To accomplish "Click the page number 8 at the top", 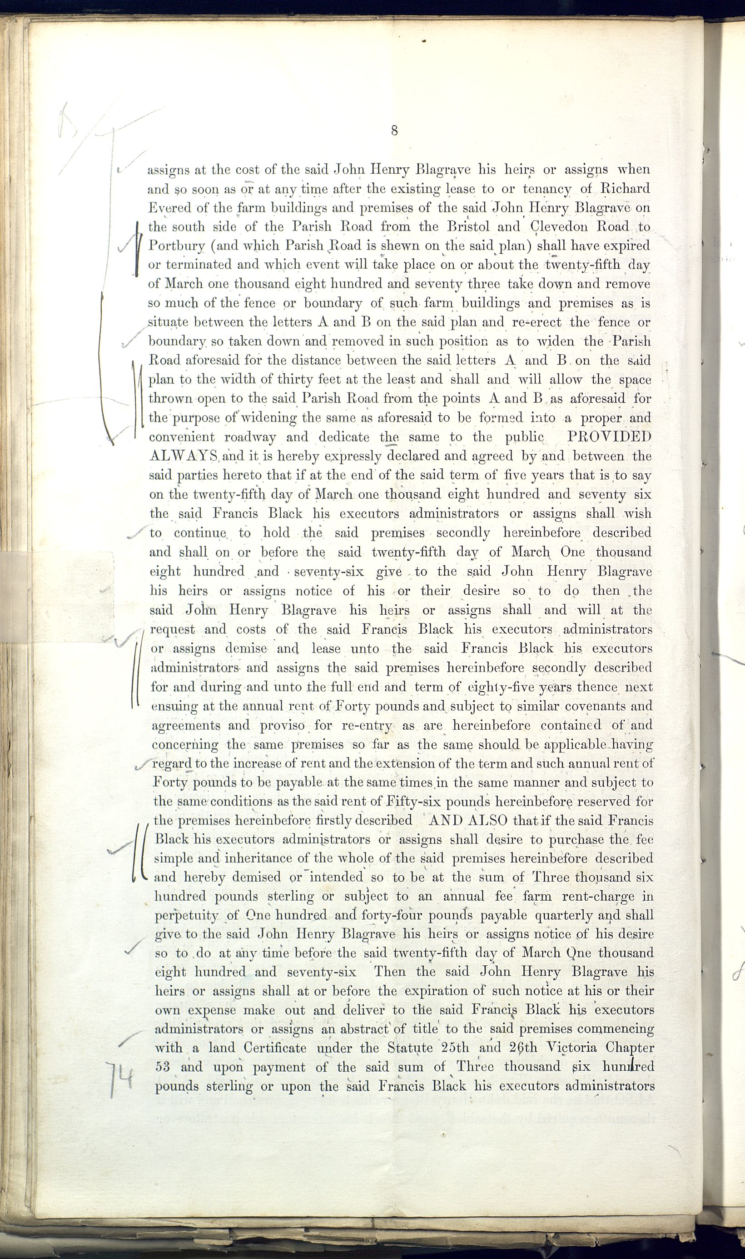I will pyautogui.click(x=394, y=130).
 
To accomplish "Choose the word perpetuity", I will pyautogui.click(x=186, y=916).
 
